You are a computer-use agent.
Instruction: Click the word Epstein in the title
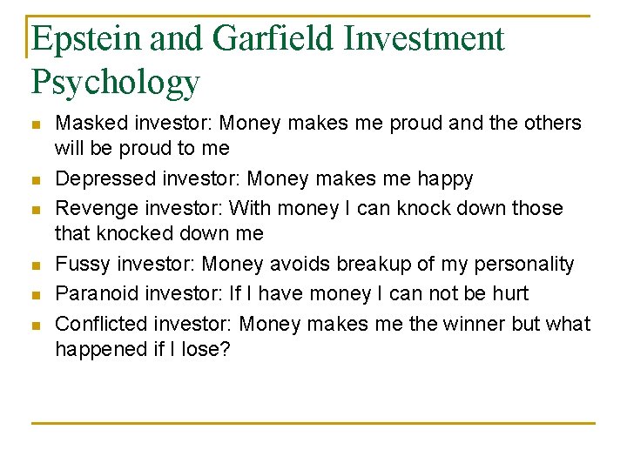[x=86, y=39]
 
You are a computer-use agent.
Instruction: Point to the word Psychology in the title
[x=116, y=83]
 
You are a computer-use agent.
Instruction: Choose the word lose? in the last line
[x=206, y=349]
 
